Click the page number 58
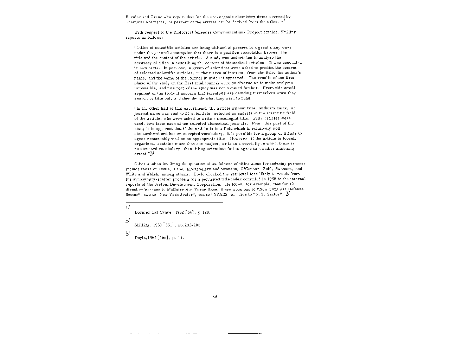pyautogui.click(x=215, y=297)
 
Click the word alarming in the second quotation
pyautogui.click(x=284, y=149)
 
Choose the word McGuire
pyautogui.click(x=173, y=189)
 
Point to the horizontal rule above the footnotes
pyautogui.click(x=174, y=202)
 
